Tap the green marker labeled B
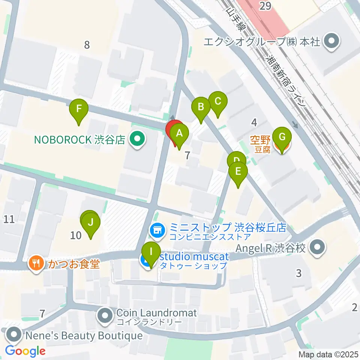pos(201,107)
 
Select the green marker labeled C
pos(218,101)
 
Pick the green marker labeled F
pos(79,109)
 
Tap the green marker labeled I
pos(151,252)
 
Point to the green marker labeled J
pos(90,222)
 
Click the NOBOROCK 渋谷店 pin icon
pos(137,140)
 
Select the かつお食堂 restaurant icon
pos(36,264)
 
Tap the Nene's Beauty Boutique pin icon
pos(14,334)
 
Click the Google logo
pos(25,351)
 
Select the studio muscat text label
pos(194,257)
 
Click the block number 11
pos(9,219)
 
